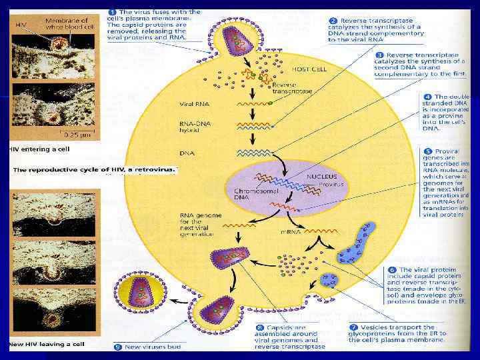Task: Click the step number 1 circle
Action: [113, 13]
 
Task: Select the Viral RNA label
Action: [193, 104]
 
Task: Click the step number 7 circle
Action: [353, 328]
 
